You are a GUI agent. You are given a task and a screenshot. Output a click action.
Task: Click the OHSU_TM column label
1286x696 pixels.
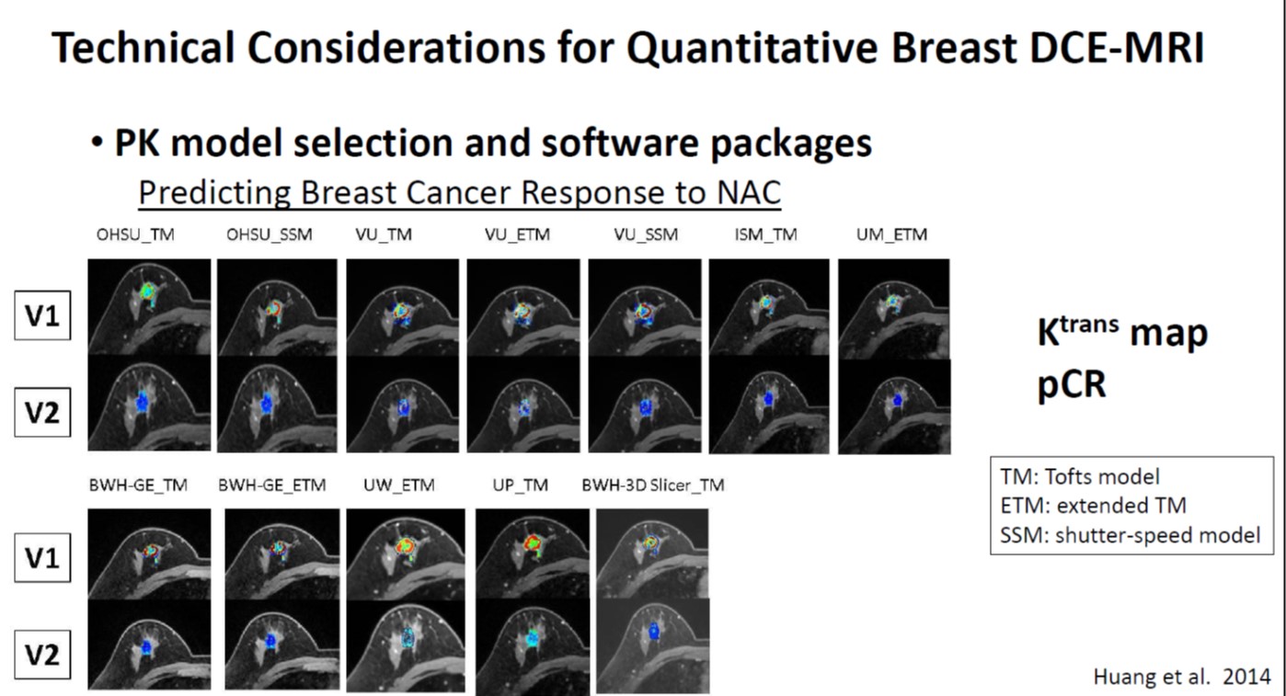[135, 235]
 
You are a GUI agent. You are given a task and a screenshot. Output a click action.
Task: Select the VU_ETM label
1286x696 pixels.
[517, 235]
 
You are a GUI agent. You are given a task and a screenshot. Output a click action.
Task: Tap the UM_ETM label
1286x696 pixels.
[891, 235]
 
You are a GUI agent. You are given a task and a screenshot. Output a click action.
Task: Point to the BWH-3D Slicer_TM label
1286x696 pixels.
[653, 485]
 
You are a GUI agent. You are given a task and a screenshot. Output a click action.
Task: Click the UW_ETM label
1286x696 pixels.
[399, 485]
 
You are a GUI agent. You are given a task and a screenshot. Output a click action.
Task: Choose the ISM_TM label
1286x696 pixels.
[766, 235]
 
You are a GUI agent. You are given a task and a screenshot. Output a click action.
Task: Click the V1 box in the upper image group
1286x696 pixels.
[42, 315]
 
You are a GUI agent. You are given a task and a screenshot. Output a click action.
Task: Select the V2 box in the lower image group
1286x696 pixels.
[42, 655]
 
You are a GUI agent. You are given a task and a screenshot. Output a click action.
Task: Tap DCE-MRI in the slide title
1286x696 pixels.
[1117, 48]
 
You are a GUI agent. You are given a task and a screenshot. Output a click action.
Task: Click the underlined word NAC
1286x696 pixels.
[749, 192]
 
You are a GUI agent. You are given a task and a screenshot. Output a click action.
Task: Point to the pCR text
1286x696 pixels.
[1072, 385]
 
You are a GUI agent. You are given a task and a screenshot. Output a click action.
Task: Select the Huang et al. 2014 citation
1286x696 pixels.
[1181, 677]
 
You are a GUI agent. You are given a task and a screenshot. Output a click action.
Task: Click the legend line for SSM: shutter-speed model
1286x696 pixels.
[1130, 535]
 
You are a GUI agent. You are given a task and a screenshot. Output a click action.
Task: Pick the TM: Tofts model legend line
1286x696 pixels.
[1079, 477]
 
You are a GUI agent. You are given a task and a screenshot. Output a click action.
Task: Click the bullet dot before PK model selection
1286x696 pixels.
[97, 142]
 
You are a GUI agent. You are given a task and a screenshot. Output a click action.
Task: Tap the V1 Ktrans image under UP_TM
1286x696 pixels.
[533, 553]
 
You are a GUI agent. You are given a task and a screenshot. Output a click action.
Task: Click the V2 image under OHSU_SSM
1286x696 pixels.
[277, 404]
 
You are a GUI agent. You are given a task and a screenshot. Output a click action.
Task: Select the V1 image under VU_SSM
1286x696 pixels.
[645, 307]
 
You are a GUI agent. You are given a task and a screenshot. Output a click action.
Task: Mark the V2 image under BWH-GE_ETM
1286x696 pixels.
[281, 645]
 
